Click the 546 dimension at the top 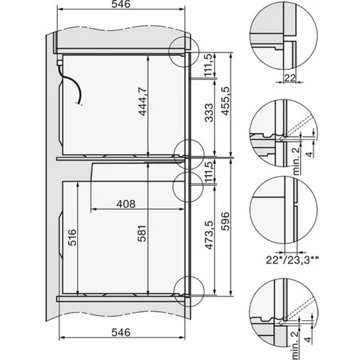pyautogui.click(x=121, y=4)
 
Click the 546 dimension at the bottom pyautogui.click(x=121, y=332)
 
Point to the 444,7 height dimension pyautogui.click(x=143, y=100)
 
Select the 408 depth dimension pyautogui.click(x=126, y=204)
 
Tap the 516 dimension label pyautogui.click(x=72, y=237)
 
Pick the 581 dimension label pyautogui.click(x=142, y=235)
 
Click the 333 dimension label pyautogui.click(x=209, y=112)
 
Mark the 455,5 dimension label pyautogui.click(x=226, y=101)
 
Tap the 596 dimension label pyautogui.click(x=226, y=221)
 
